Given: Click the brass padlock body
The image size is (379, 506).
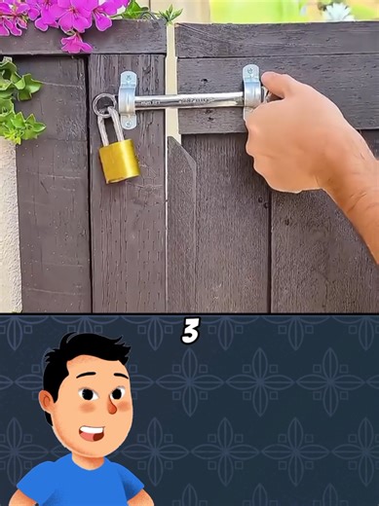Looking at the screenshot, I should pos(119,161).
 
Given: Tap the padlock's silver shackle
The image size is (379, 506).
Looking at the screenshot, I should pos(109,125).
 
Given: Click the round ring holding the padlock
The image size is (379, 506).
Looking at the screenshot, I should pos(102,104).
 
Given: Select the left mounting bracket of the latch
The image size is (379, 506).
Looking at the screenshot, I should pos(128,99).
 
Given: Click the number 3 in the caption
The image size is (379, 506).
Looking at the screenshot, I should pos(191,332).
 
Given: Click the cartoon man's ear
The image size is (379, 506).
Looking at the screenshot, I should pos(47,402).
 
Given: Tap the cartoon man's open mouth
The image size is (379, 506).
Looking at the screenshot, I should pos(94,430).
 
